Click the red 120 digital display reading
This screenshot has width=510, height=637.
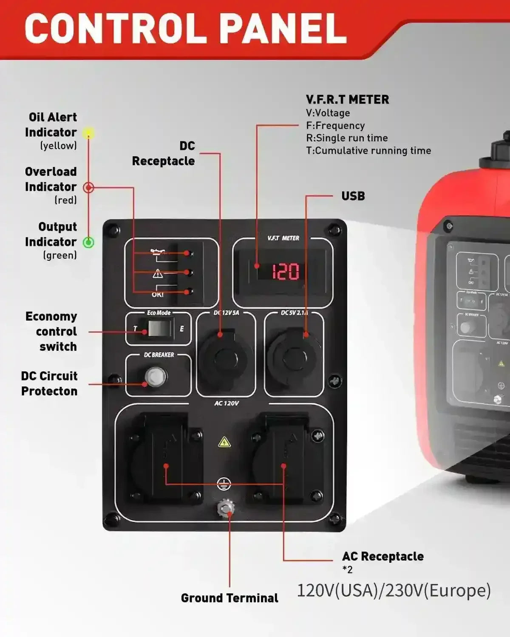click(285, 271)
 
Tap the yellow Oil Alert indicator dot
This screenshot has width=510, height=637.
click(88, 133)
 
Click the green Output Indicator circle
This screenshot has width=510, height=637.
click(88, 242)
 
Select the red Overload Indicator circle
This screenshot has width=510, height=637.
click(88, 187)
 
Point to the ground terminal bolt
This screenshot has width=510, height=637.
click(226, 508)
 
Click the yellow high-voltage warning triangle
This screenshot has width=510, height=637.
click(224, 442)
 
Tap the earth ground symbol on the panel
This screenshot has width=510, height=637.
click(224, 483)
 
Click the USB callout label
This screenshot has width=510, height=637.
click(353, 196)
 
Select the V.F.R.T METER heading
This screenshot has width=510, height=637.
click(347, 100)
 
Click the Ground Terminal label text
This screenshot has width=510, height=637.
click(229, 598)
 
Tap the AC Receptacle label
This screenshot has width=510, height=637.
click(382, 556)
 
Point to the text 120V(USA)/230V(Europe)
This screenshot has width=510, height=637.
click(394, 590)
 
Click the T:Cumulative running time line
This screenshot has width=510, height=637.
click(368, 151)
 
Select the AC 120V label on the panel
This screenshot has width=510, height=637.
click(226, 403)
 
